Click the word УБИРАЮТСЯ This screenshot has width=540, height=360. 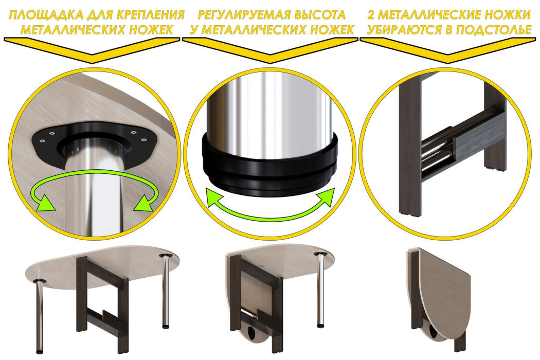[x=403, y=30]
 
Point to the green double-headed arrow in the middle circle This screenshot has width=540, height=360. [x=271, y=206]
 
